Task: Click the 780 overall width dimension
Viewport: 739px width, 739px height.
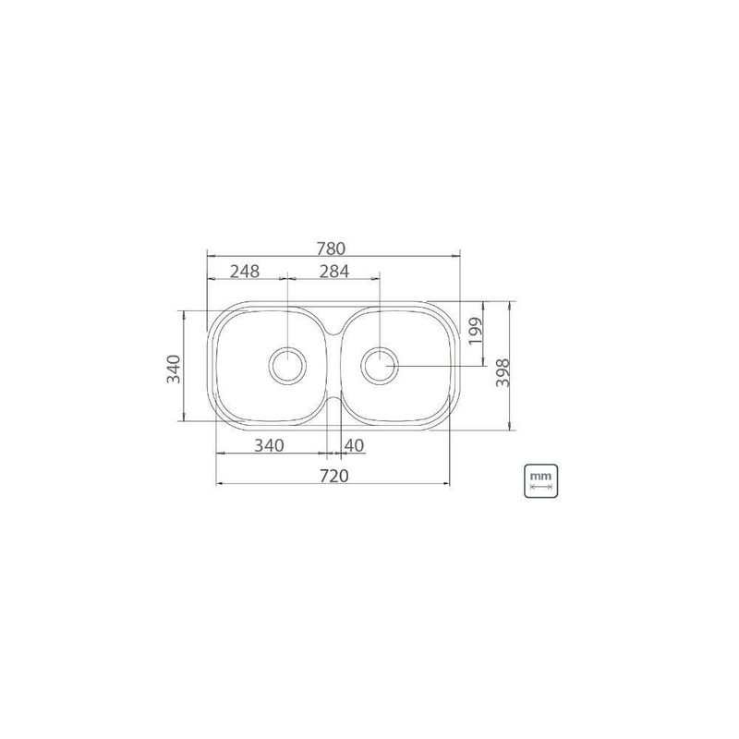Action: tap(331, 248)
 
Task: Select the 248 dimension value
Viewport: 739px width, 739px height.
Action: tap(245, 271)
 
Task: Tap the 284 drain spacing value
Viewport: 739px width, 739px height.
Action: tap(334, 271)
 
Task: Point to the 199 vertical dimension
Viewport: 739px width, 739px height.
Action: tap(476, 331)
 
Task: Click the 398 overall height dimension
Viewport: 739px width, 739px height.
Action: tap(503, 373)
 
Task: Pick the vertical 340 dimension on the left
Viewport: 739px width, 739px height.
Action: tap(174, 369)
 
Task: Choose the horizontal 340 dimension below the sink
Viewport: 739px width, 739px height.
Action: tap(269, 445)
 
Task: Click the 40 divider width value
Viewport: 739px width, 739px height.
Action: tap(355, 445)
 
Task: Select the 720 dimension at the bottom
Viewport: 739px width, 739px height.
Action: tap(334, 476)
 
